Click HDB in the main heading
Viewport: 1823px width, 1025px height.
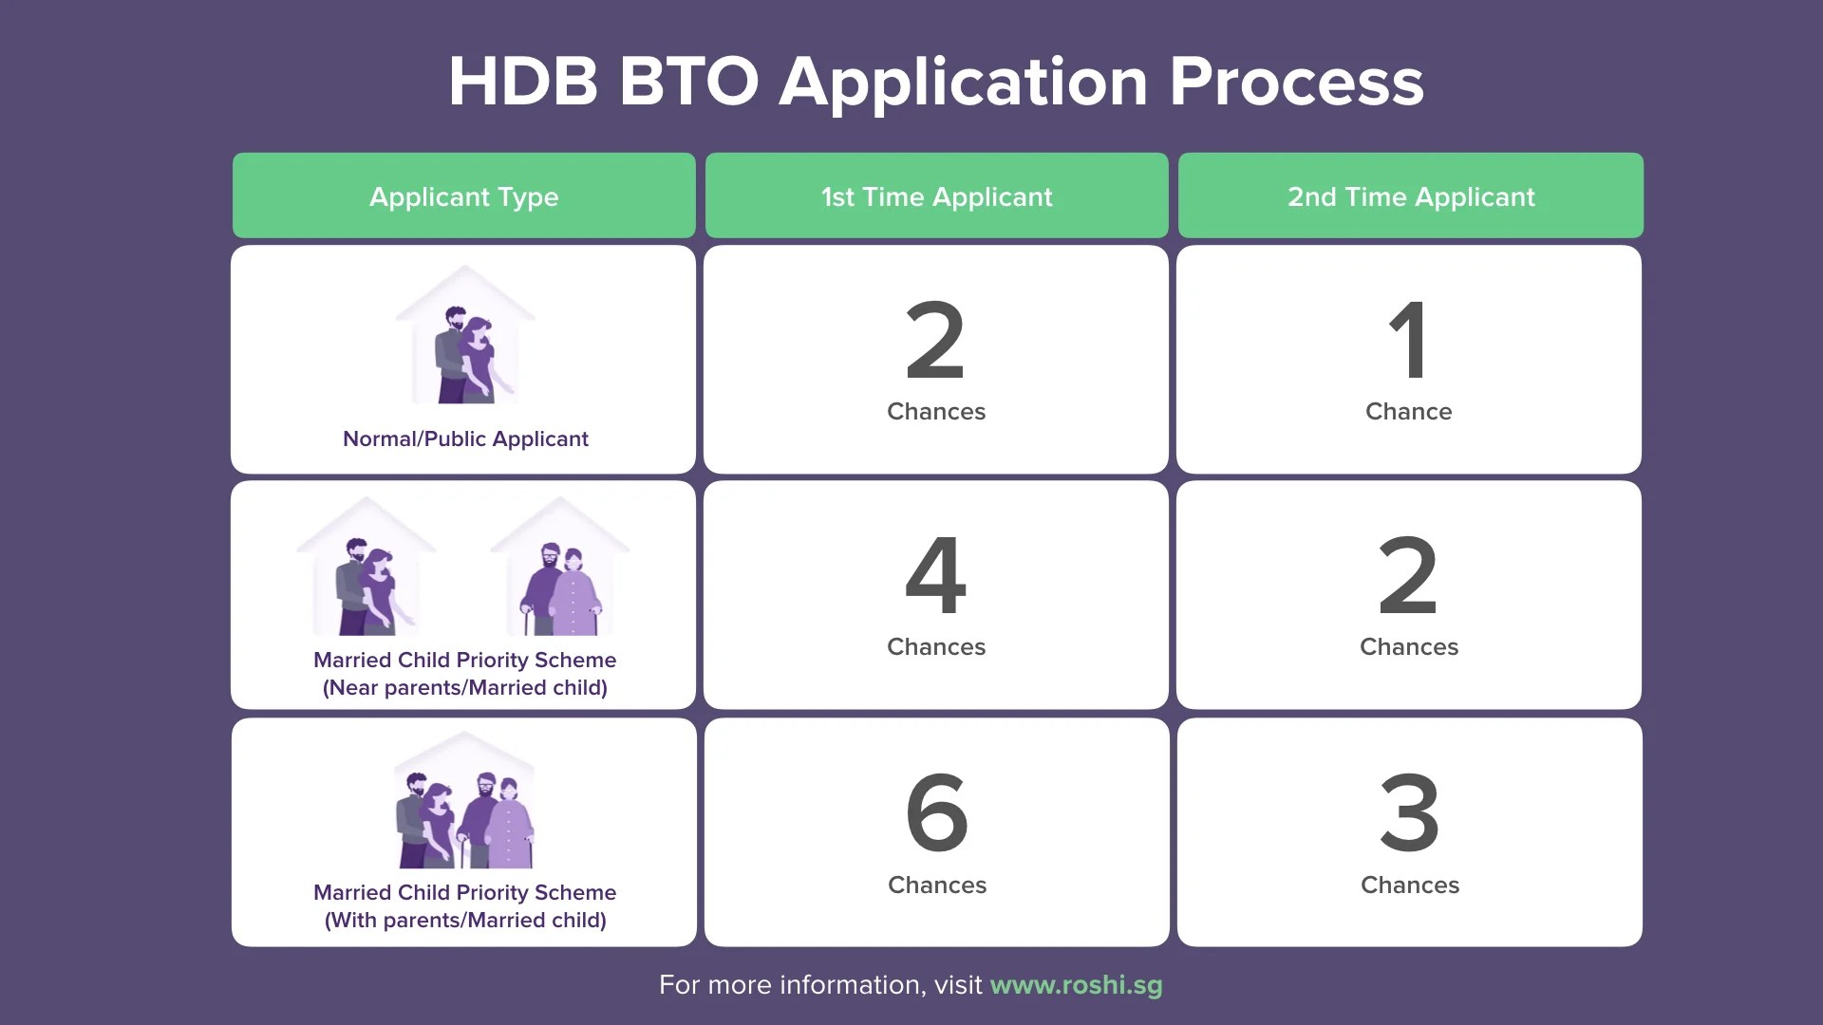coord(523,82)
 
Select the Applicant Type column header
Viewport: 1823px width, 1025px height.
coord(463,196)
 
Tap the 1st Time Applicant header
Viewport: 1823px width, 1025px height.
coord(936,196)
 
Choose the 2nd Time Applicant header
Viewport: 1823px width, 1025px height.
coord(1410,196)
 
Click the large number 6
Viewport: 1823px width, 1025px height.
coord(936,811)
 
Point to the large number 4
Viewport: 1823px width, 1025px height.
coord(936,575)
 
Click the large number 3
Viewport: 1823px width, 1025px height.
coord(1409,811)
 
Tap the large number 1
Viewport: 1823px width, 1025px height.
coord(1409,340)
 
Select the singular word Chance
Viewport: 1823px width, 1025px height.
coord(1408,411)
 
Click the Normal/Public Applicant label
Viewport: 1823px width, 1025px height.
coord(465,438)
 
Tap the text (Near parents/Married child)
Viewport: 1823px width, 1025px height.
coord(465,687)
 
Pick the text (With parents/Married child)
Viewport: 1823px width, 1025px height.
coord(465,920)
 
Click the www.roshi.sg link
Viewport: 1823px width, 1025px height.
coord(1076,984)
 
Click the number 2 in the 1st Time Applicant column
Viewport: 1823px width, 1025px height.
coord(935,340)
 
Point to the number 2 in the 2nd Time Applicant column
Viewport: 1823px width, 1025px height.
coord(1408,575)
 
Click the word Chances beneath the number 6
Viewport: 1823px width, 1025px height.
coord(936,885)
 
